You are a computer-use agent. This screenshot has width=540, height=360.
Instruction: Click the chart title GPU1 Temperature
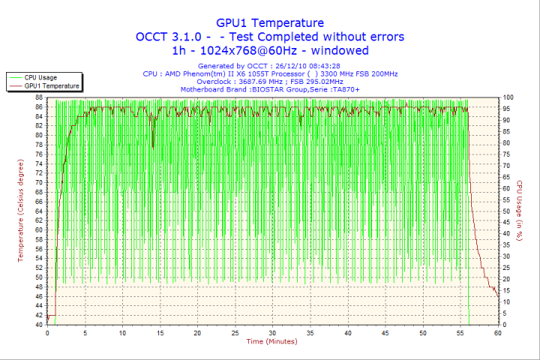(270, 23)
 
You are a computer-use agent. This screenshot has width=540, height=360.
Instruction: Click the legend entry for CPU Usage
(40, 77)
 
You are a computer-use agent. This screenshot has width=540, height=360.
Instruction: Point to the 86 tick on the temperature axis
(39, 106)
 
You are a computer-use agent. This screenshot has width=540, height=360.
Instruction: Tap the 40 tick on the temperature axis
(39, 325)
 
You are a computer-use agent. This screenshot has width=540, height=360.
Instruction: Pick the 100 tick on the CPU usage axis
(508, 97)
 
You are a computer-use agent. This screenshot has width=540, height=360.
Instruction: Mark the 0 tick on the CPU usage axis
(504, 325)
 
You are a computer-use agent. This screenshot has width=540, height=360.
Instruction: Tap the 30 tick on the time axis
(272, 333)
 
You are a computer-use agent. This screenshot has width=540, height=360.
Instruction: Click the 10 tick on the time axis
(121, 333)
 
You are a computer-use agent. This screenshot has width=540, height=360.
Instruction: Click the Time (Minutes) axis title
(271, 342)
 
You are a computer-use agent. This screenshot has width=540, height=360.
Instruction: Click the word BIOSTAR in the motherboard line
(274, 89)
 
